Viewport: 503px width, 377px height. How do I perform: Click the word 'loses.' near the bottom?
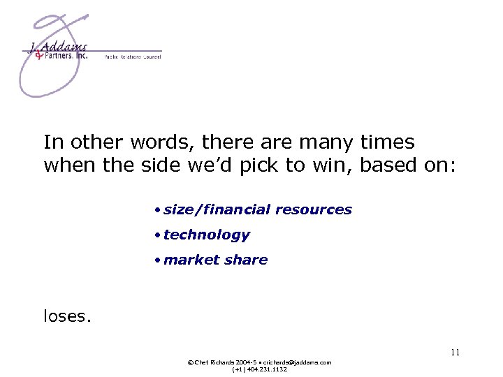click(67, 316)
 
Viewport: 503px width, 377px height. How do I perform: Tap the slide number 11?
click(455, 353)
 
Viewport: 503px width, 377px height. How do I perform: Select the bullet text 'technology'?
click(206, 235)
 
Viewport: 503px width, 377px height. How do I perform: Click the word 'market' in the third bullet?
click(190, 260)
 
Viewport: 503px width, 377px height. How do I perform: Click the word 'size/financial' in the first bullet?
click(217, 209)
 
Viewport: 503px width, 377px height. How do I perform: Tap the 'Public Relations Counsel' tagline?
click(133, 57)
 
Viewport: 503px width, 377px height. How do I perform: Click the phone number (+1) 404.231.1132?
click(259, 369)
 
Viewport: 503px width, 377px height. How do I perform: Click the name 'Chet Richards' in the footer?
click(213, 362)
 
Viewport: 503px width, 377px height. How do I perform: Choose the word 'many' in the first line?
click(328, 142)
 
